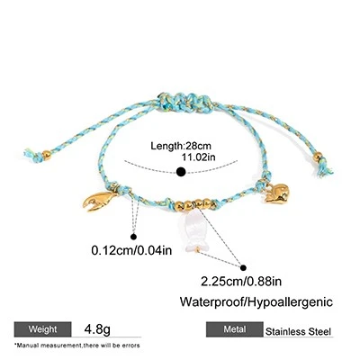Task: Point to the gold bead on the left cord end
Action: coord(46,155)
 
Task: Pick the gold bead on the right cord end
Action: coord(318,157)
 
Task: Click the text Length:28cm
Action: coord(181,146)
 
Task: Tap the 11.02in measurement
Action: coord(198,157)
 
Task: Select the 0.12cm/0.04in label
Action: coord(131,250)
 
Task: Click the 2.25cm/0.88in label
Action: coord(241,281)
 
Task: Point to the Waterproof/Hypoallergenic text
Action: coord(256,301)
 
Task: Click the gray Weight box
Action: coord(43,329)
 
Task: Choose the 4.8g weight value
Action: coord(97,329)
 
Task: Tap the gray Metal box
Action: coord(235,329)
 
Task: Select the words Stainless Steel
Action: coord(298,332)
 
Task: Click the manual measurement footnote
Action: coord(77,346)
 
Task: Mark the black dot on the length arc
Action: coord(181,172)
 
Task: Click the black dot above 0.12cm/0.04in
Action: coord(134,237)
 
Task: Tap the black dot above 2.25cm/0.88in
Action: coord(243,268)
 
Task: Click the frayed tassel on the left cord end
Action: coord(32,155)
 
